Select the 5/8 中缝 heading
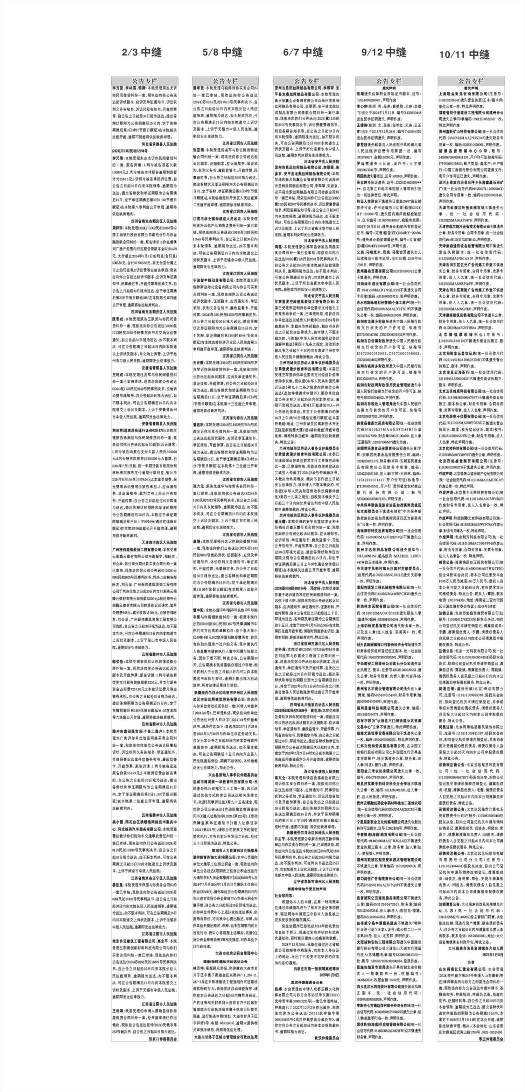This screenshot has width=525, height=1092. coord(222,52)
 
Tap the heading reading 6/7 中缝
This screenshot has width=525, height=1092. coord(303,52)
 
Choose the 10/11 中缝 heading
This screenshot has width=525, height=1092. coord(464,55)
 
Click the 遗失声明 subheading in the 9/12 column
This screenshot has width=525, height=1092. coord(389,87)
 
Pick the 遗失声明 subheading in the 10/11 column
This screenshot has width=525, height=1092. coord(471,87)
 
